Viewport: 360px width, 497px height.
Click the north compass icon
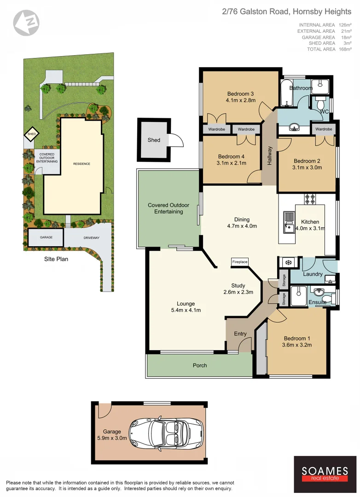pos(26,22)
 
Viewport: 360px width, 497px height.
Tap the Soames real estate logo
pos(325,474)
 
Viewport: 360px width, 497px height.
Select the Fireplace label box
pos(239,262)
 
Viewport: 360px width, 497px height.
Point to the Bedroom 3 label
pos(240,94)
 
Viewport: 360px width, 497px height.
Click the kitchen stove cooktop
pos(309,199)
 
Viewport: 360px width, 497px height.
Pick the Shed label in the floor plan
pos(154,139)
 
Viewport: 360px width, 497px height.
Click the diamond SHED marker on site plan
pos(31,135)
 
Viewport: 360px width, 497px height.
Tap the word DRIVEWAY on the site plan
pos(87,237)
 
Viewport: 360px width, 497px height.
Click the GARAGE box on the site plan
pos(46,237)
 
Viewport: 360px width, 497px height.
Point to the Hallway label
pos(270,156)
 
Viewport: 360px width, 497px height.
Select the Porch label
pos(200,365)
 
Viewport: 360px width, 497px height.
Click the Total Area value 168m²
pos(345,49)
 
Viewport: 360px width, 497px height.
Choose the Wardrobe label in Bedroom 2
pos(324,129)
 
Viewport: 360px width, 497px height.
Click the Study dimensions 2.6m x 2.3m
pos(238,292)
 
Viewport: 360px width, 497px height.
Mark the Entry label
pos(240,334)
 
